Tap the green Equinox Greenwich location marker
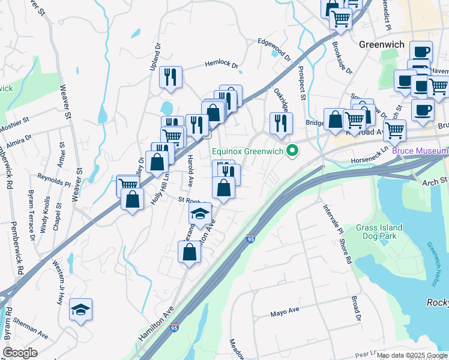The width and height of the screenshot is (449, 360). [293, 151]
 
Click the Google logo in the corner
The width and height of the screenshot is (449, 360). [20, 353]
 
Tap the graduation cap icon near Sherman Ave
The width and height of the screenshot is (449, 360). [80, 310]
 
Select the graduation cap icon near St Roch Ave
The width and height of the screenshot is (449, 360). [200, 214]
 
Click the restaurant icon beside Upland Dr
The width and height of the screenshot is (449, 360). [170, 77]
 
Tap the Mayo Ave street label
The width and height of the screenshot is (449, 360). [285, 312]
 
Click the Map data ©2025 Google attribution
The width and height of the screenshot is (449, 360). [412, 355]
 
